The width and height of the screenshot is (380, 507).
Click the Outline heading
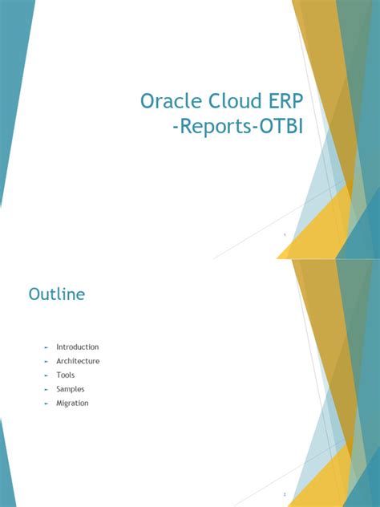(57, 294)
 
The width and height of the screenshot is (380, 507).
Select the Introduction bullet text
(78, 347)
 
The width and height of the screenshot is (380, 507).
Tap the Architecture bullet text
(78, 361)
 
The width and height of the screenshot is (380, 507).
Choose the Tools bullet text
(66, 375)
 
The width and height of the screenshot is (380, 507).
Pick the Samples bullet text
(71, 389)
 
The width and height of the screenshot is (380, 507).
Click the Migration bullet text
(72, 403)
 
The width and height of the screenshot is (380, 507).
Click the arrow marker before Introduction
(46, 347)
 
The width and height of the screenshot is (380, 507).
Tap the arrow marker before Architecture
(46, 361)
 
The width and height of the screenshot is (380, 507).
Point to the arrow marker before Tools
(46, 375)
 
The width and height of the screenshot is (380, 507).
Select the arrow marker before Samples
(46, 389)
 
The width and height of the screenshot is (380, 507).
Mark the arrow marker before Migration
(46, 404)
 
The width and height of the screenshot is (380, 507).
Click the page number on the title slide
(284, 235)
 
